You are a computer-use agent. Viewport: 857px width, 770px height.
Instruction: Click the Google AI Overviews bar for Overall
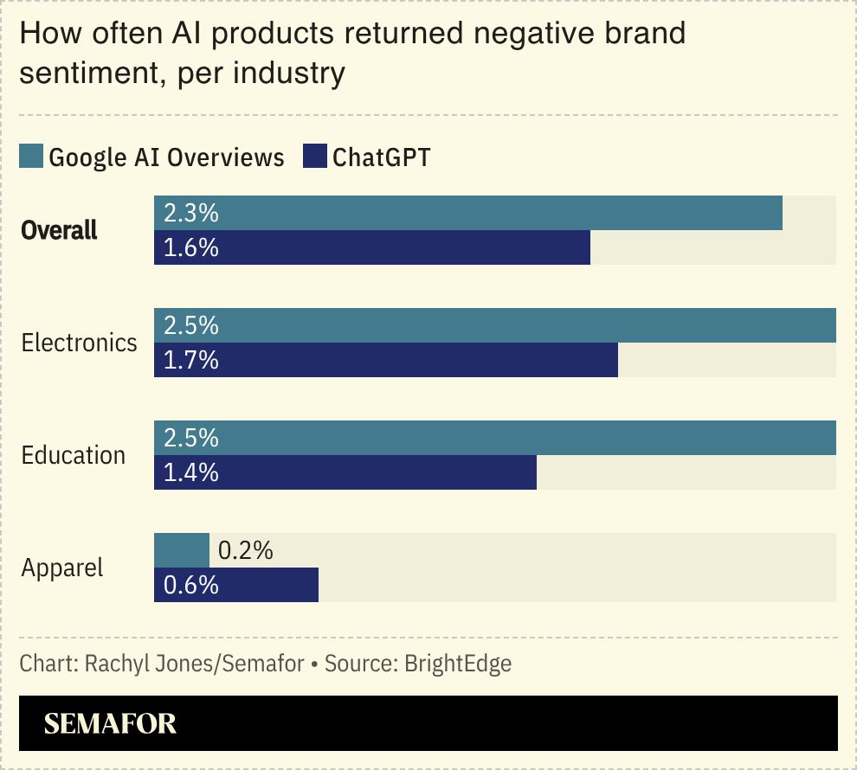click(468, 213)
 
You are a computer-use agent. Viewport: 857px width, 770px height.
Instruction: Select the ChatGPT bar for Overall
click(372, 247)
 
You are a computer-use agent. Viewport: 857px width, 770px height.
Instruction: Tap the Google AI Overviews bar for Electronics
click(495, 325)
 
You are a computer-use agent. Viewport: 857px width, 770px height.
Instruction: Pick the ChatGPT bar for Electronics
click(386, 360)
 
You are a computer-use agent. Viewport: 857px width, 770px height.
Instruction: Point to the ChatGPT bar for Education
click(345, 472)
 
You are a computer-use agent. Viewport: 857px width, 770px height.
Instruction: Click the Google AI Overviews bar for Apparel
click(182, 550)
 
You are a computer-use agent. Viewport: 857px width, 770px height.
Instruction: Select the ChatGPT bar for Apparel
click(236, 585)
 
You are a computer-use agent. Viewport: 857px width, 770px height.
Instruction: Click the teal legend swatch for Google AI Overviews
click(31, 157)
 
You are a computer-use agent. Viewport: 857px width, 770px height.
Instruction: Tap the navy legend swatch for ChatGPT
click(314, 157)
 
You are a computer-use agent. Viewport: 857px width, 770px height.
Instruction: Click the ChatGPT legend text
click(381, 157)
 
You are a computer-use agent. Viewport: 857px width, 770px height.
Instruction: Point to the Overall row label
click(60, 231)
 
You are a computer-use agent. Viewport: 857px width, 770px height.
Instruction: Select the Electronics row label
click(79, 343)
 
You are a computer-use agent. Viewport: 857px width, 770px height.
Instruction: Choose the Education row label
click(74, 455)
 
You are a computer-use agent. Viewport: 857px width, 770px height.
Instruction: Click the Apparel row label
click(62, 568)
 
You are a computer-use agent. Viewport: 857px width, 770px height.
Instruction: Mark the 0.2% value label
click(245, 550)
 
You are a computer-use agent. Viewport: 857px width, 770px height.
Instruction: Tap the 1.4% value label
click(190, 472)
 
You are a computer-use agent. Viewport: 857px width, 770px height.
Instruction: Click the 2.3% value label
click(190, 213)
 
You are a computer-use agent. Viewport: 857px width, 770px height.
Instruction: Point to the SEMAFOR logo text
click(110, 723)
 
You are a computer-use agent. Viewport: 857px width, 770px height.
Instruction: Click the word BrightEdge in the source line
click(458, 664)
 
